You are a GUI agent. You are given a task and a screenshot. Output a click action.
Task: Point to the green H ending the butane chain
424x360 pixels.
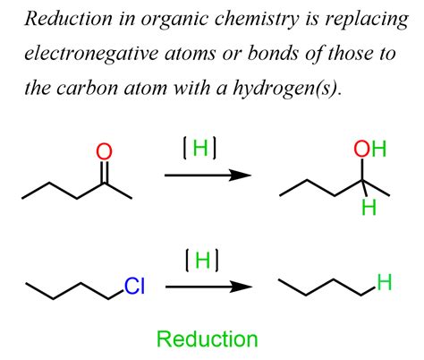[384, 285]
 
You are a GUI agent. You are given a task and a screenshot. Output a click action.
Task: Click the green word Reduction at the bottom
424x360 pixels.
[207, 339]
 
